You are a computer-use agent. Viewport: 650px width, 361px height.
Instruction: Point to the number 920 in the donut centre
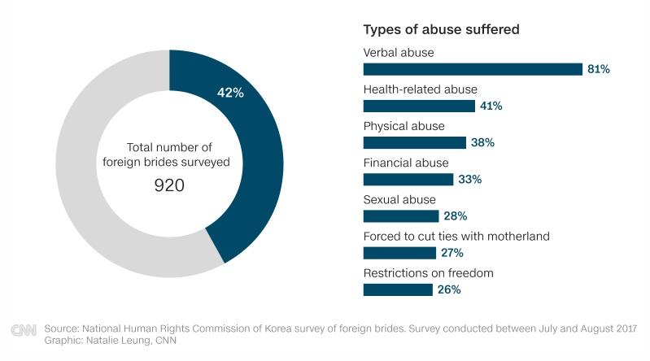[169, 185]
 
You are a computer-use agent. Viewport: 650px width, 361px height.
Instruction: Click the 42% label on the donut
[230, 93]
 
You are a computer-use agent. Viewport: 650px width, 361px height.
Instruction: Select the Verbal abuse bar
[472, 69]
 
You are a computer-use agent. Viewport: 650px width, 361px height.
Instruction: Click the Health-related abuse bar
[418, 106]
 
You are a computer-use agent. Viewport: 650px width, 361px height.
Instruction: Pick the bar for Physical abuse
[414, 142]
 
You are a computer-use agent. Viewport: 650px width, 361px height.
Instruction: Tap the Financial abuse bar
[408, 179]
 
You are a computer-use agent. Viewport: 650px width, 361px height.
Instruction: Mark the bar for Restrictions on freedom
[397, 289]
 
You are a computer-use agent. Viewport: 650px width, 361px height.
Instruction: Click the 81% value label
[599, 69]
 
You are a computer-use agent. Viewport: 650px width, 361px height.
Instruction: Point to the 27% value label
[452, 253]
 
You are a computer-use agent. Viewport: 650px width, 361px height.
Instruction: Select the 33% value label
[469, 179]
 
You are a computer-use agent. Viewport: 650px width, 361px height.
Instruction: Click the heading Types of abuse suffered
[441, 30]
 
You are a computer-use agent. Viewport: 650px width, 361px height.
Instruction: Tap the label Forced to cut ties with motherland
[456, 236]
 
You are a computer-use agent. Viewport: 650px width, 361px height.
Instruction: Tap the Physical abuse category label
[404, 126]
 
